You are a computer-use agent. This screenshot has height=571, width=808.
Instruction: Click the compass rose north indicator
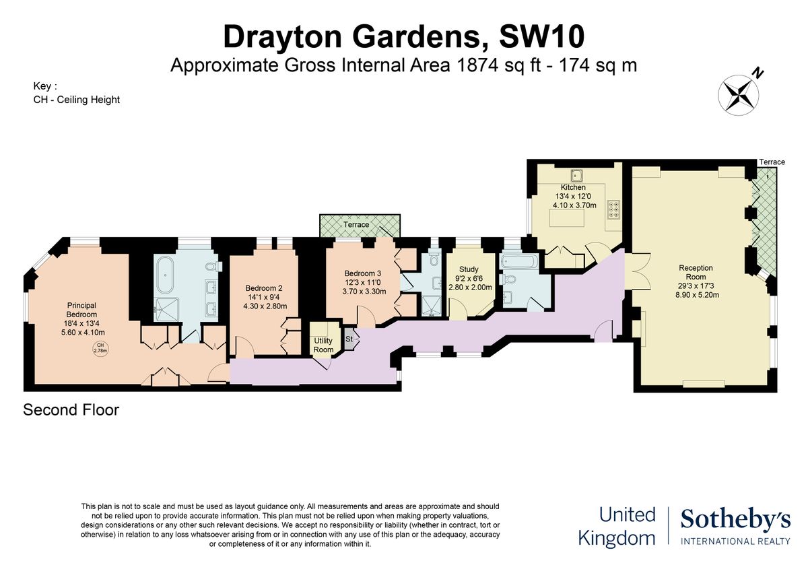click(739, 95)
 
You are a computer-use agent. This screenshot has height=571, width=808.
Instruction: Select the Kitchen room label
click(573, 187)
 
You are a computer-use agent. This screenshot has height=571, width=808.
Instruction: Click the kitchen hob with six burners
click(613, 209)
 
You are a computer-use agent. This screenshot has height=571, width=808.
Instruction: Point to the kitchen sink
click(576, 176)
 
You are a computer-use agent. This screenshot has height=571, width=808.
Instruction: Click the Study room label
click(469, 269)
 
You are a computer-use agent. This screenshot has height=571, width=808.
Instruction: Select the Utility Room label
click(323, 345)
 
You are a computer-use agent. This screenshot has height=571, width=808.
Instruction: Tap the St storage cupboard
click(350, 339)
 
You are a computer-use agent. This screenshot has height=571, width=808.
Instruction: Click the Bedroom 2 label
click(264, 288)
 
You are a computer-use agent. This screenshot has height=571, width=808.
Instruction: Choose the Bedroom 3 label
click(362, 273)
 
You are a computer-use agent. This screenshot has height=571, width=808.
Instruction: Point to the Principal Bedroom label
click(81, 310)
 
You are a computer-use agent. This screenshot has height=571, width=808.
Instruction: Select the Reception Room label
click(696, 272)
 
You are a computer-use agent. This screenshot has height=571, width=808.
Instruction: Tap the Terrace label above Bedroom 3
click(356, 224)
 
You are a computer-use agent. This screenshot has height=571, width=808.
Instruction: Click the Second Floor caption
click(71, 410)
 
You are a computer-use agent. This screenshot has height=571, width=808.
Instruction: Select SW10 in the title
click(542, 37)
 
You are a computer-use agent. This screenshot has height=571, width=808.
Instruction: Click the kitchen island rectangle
click(567, 218)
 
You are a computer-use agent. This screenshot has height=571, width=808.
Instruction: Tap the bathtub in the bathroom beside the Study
click(518, 261)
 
